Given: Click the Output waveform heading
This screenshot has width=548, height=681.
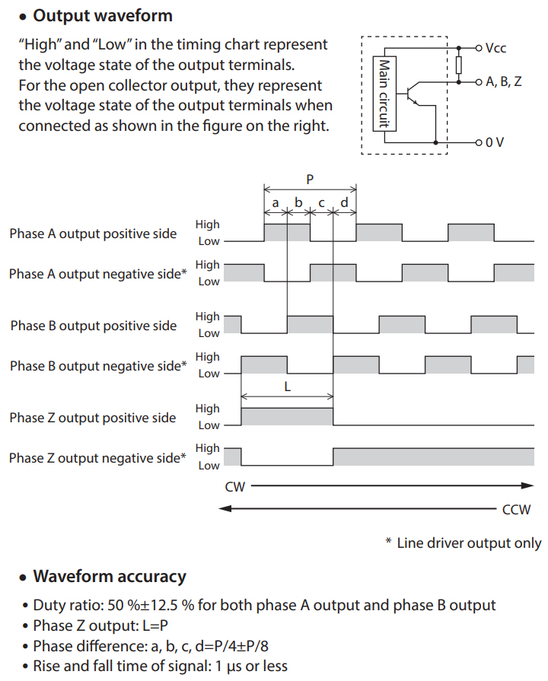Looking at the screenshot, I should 102,15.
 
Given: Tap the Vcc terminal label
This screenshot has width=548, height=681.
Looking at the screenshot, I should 495,48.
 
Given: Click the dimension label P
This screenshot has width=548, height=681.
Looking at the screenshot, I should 310,180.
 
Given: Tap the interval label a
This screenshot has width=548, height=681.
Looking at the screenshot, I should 276,202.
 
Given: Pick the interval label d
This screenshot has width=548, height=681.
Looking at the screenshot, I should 345,202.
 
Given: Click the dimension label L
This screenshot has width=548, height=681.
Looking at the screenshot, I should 287,386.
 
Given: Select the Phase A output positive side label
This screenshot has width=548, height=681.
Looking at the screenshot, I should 93,234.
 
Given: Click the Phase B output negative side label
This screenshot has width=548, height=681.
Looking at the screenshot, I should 98,366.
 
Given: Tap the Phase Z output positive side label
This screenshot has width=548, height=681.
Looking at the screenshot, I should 93,418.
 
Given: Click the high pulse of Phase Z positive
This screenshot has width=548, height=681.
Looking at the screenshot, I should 287,416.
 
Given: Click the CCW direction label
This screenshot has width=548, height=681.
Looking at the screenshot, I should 516,509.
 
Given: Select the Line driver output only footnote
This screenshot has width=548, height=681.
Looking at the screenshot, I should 464,543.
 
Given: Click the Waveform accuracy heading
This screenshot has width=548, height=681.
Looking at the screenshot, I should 109,576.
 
